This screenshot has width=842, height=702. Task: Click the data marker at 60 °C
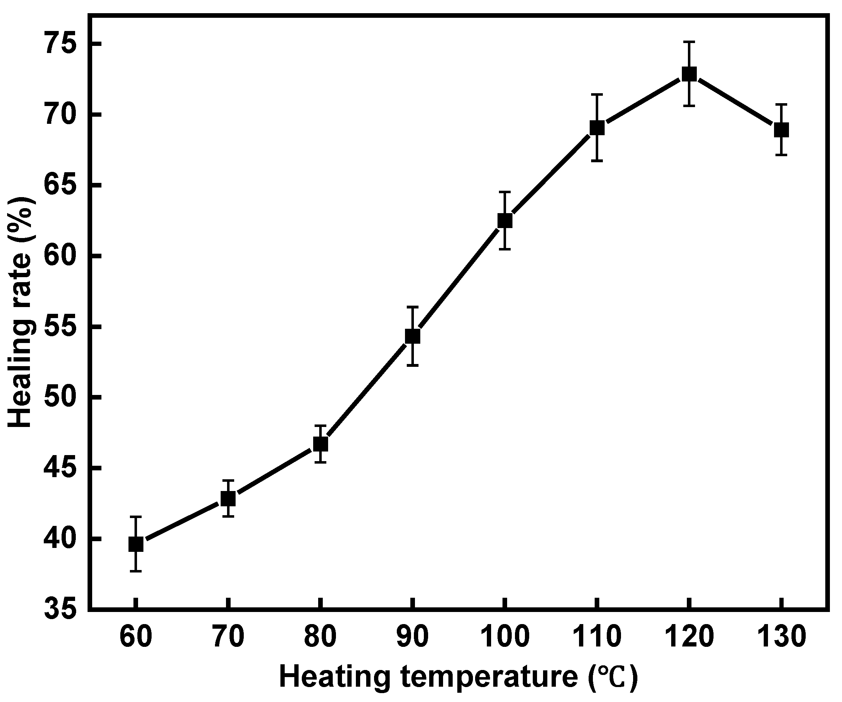tap(136, 544)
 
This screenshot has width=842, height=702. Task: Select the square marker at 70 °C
tap(228, 499)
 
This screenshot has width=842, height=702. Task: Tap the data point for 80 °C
tap(320, 444)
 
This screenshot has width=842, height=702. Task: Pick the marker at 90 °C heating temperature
tap(412, 336)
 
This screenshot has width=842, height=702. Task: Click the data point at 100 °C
tap(505, 221)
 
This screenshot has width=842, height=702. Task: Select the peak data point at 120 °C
tap(689, 74)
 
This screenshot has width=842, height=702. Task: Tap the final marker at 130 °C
tap(782, 130)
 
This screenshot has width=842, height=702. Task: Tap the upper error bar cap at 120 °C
tap(689, 42)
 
